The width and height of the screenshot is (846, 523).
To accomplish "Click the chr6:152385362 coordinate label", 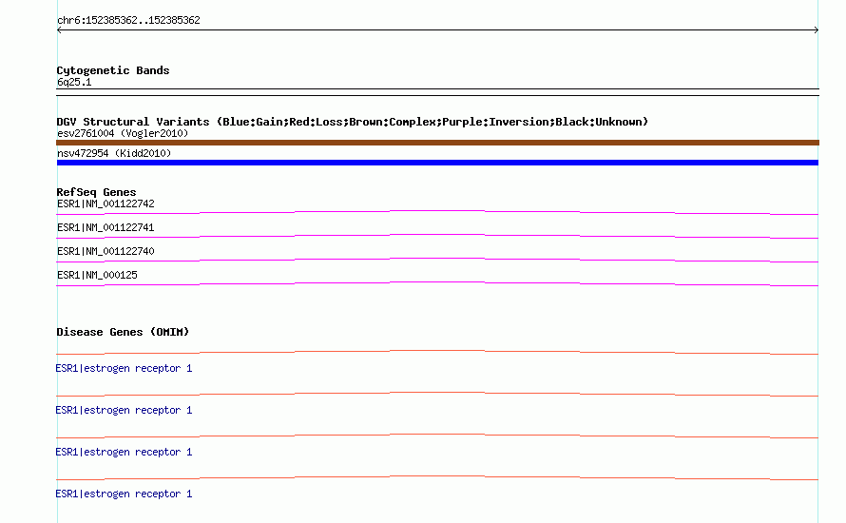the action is (128, 21).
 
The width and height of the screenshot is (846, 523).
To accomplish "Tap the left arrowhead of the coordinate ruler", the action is (58, 30).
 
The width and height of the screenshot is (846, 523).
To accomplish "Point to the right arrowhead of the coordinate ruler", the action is (817, 30).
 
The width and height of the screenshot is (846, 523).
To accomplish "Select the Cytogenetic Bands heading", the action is (113, 70).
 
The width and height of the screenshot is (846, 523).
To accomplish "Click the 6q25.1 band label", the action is (74, 82).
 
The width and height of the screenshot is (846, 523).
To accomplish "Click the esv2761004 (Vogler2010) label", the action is (123, 133).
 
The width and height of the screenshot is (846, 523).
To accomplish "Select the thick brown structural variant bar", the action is (437, 143).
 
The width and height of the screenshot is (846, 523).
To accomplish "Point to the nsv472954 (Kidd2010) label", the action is (114, 153).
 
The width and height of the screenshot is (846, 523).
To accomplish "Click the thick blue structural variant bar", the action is (437, 163).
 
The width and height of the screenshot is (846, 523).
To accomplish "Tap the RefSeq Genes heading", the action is (96, 192).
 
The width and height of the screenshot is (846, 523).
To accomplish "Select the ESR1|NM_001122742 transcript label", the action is (106, 204).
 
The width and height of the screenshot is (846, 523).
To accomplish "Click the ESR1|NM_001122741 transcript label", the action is (106, 228).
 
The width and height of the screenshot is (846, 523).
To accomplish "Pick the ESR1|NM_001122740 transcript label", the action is (106, 251).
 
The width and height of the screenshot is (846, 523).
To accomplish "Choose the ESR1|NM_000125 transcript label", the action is (97, 275).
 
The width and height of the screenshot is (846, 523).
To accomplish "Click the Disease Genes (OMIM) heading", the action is (123, 332).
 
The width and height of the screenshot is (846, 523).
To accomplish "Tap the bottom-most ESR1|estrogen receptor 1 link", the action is (124, 494).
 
